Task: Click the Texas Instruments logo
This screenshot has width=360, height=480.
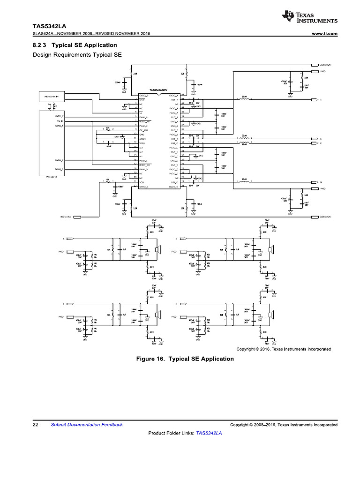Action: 309,17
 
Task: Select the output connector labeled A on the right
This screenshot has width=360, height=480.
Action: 315,100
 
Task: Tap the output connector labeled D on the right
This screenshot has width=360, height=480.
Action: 315,181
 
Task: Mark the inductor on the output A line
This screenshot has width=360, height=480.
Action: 244,100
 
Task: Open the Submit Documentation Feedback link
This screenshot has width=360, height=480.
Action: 87,425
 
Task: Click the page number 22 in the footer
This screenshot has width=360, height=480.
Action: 35,425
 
